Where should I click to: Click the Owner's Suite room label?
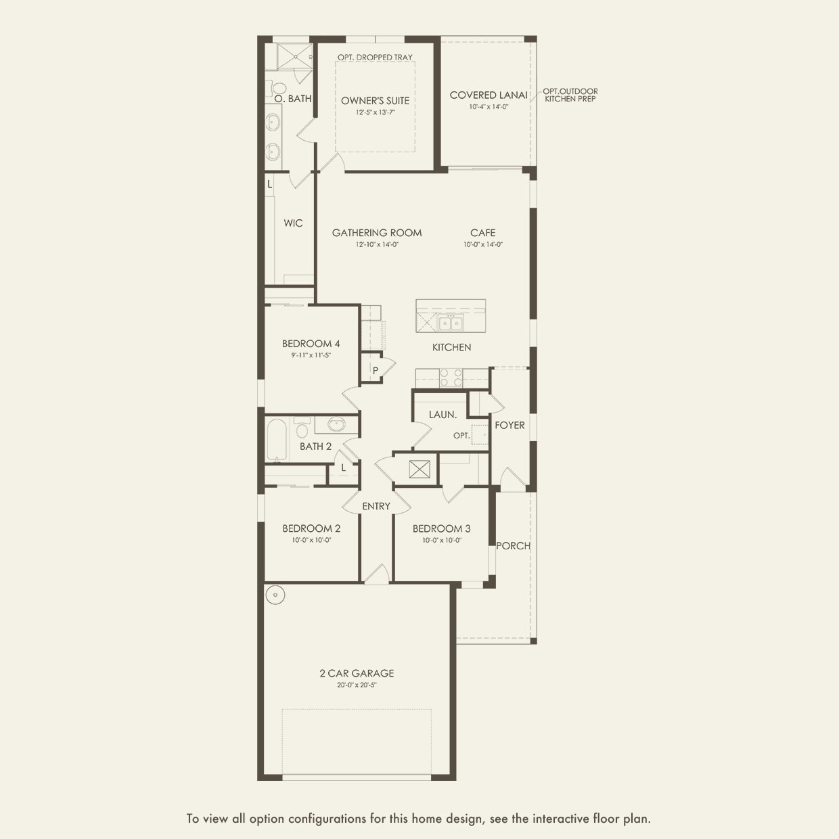click(x=375, y=101)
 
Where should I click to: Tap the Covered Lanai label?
click(x=488, y=95)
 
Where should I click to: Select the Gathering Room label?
click(x=376, y=233)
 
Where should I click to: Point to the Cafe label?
click(x=482, y=233)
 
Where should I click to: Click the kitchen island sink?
click(x=450, y=323)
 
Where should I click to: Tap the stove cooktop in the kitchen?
click(x=451, y=378)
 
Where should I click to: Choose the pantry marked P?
click(x=375, y=371)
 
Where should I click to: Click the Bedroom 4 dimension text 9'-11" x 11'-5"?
click(x=311, y=355)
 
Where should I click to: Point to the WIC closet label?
click(x=293, y=223)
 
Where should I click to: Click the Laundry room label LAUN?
click(x=443, y=415)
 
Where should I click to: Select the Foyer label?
click(x=509, y=426)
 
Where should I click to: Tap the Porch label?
click(x=513, y=546)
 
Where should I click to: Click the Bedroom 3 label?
click(x=441, y=528)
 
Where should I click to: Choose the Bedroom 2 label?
click(x=311, y=528)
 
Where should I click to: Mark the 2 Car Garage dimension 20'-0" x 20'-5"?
click(x=357, y=685)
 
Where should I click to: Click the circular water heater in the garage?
click(x=275, y=595)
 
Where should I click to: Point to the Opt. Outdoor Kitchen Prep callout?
click(x=570, y=95)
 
